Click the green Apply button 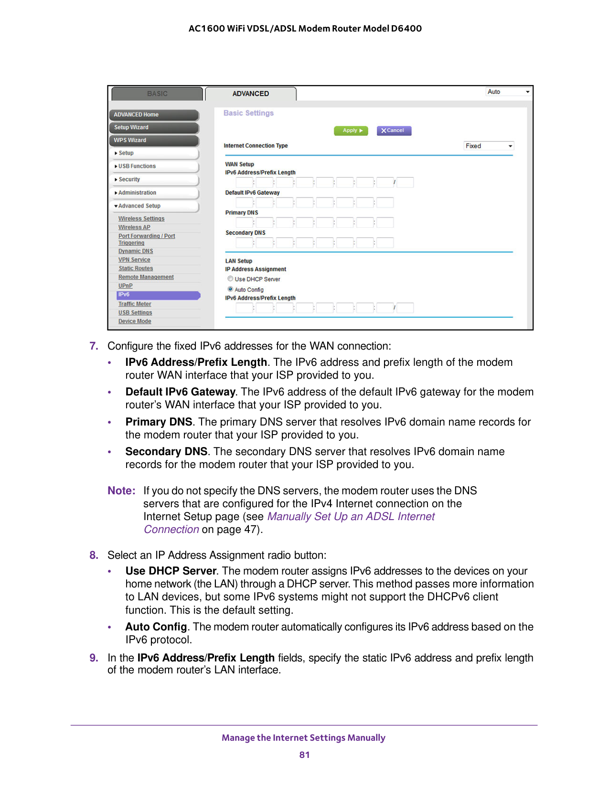(x=351, y=131)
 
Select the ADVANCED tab (x=251, y=94)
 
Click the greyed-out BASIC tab (x=157, y=94)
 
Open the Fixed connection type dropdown (x=489, y=146)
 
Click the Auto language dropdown (x=508, y=92)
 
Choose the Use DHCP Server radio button (x=231, y=279)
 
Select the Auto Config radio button (x=231, y=289)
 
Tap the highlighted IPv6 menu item (x=158, y=295)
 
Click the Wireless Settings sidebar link (x=141, y=219)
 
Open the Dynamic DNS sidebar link (x=136, y=251)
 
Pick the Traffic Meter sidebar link (x=135, y=304)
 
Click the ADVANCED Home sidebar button (x=153, y=115)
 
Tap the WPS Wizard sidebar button (x=153, y=140)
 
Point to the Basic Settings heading (x=248, y=113)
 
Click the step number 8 (x=94, y=555)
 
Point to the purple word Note (x=121, y=491)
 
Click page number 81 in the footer (x=304, y=755)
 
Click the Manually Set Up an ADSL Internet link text (x=351, y=517)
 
